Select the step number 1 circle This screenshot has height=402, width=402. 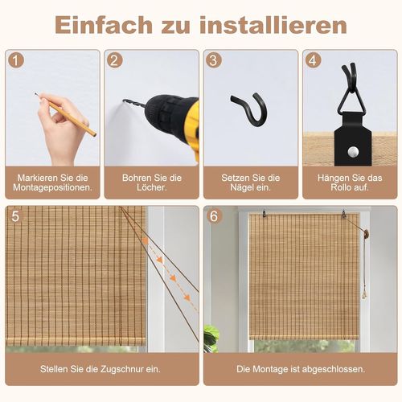tap(16, 61)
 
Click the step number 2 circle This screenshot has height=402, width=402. tap(115, 61)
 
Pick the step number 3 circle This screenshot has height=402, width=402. tap(214, 61)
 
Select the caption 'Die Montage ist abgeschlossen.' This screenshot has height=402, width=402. tap(298, 370)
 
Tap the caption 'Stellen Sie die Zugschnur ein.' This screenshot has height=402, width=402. tap(100, 370)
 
